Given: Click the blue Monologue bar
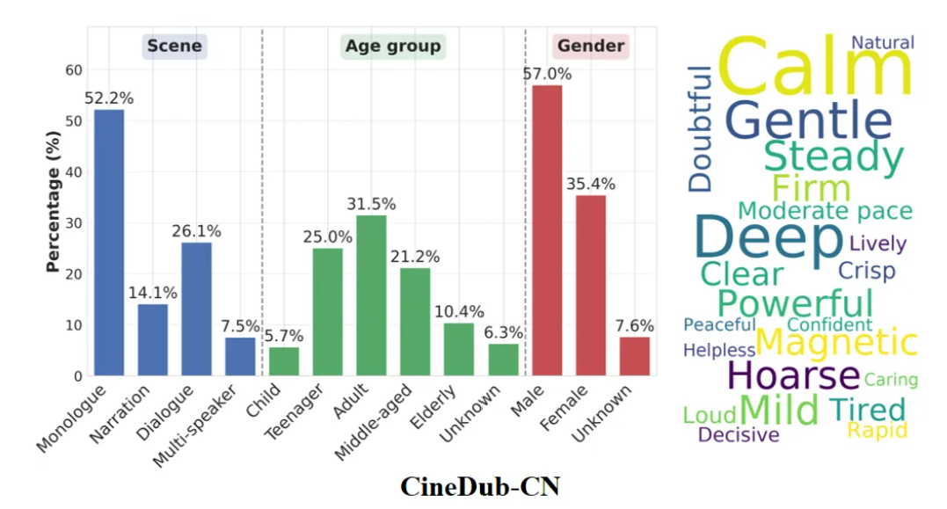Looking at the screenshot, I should coord(109,243).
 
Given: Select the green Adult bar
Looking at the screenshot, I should coord(371,295).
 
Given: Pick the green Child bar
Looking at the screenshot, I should coord(284,361).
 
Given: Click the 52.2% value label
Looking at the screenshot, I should coord(109,98).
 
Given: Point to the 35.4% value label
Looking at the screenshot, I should coord(591,185).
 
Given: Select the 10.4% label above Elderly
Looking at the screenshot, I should coord(458,312).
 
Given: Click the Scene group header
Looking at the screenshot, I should coord(174,46).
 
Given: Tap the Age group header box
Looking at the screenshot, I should coord(393,46).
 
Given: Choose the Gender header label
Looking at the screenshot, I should coord(591,46).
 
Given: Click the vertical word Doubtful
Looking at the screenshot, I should coord(701,128).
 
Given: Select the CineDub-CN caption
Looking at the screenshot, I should coord(480,486).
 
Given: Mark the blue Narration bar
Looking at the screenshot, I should coord(152,339).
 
